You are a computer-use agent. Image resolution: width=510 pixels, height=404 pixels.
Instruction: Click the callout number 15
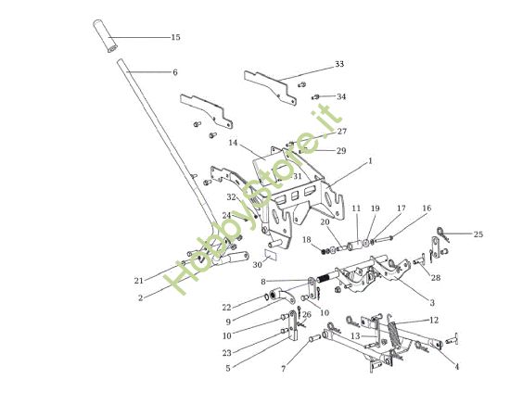point(175,38)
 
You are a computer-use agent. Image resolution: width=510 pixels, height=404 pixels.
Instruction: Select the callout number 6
point(174,72)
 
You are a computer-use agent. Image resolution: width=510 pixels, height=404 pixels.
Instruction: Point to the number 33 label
point(339,65)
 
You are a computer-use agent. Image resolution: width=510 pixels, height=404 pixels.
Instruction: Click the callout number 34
point(341,96)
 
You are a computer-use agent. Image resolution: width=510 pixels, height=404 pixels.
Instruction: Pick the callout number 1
point(370,160)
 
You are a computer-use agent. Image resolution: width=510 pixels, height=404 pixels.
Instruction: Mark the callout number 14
point(233,144)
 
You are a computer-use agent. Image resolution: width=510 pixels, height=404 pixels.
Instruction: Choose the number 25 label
point(478,234)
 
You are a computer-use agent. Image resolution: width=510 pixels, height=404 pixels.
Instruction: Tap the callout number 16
point(427,208)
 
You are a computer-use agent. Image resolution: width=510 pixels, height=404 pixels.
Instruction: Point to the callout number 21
point(138,280)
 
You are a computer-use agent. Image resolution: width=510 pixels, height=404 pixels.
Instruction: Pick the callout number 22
point(227,307)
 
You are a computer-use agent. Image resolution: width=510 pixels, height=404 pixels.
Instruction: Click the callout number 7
point(284,370)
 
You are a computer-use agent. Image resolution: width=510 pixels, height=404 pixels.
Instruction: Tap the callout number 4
point(456,366)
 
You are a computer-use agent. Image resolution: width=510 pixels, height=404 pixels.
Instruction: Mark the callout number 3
point(433,301)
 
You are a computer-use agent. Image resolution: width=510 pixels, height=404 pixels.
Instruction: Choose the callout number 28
point(436,278)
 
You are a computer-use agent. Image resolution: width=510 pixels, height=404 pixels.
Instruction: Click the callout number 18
point(307,240)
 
